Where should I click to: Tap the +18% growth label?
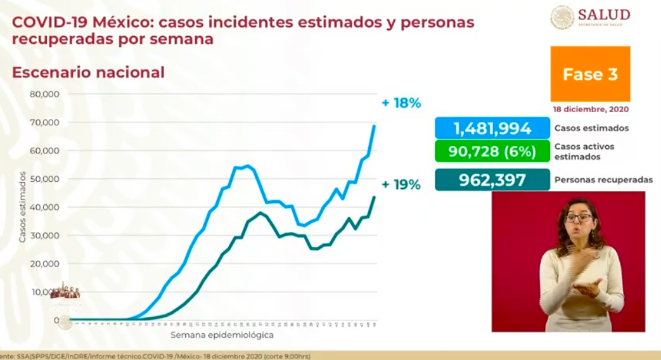click(x=401, y=103)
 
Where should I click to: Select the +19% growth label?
click(x=401, y=184)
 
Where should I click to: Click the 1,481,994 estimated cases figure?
click(x=492, y=129)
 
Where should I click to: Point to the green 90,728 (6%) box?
click(x=492, y=151)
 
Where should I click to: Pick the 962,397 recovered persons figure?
click(x=492, y=180)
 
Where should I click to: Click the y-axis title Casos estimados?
click(x=22, y=207)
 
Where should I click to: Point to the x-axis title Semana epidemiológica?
click(x=222, y=334)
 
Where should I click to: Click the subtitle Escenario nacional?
click(x=88, y=72)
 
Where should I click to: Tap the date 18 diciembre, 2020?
click(x=590, y=109)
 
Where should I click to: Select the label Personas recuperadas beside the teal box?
click(x=603, y=180)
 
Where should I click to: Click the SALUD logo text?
click(x=603, y=15)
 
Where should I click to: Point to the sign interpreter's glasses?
click(x=578, y=218)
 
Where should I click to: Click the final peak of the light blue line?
click(x=374, y=125)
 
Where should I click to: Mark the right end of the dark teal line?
click(x=374, y=197)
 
